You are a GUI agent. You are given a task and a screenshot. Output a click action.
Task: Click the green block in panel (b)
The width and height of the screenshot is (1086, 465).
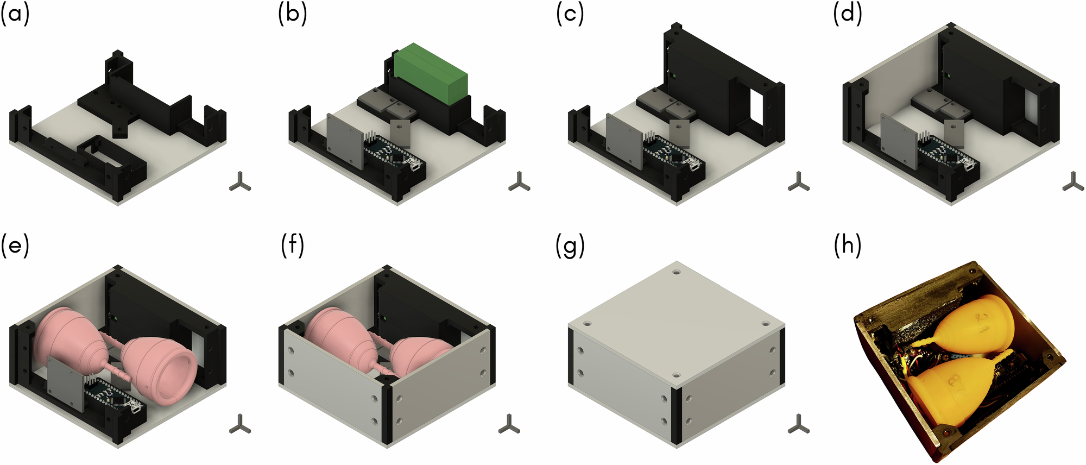tap(431, 73)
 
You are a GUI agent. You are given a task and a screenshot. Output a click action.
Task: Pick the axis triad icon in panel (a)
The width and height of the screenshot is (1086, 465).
tap(239, 183)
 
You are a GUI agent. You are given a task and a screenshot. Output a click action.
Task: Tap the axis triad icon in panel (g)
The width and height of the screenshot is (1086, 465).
tap(798, 424)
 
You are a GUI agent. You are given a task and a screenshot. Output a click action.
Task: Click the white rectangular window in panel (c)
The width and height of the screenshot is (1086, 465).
tap(756, 109)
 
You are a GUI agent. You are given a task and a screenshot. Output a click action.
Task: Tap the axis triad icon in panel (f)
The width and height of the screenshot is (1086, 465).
tap(509, 424)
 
